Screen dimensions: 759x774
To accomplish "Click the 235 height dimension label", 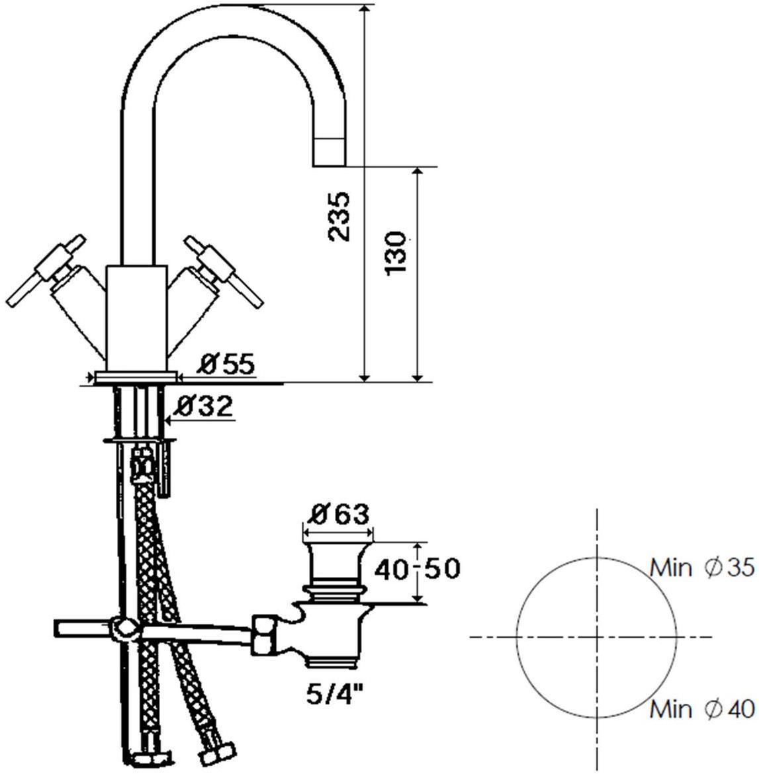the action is pyautogui.click(x=339, y=217).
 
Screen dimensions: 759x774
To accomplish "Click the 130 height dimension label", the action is pyautogui.click(x=396, y=253).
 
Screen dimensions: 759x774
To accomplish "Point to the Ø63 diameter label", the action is pyautogui.click(x=337, y=515).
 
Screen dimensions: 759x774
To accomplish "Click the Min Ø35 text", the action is pyautogui.click(x=702, y=568).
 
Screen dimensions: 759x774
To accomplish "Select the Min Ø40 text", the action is pyautogui.click(x=702, y=709).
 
